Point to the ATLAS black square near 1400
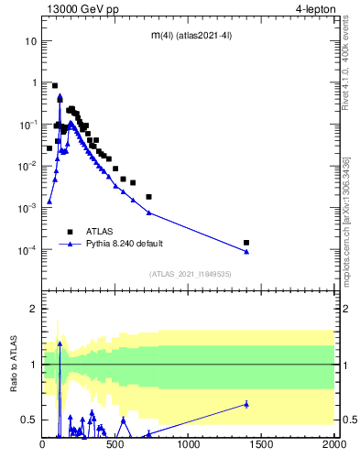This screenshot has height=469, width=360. coord(246,243)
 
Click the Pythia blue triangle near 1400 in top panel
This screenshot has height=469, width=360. coord(246,252)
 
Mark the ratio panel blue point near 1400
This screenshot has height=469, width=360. coord(246,404)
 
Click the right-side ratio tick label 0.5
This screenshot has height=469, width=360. coord(347,420)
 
